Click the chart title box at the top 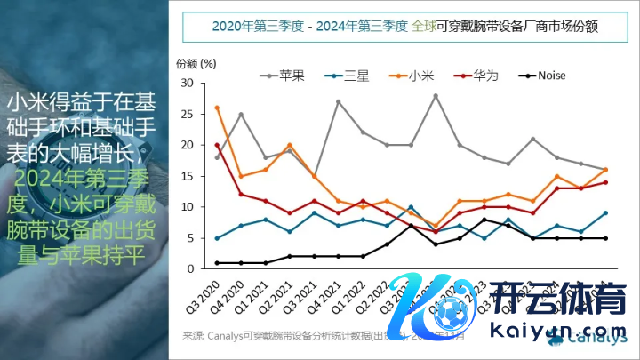404,27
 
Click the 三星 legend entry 356,76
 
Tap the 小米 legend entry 421,76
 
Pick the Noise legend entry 551,76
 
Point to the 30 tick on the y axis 187,83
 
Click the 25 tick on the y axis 187,114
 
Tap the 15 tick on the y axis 187,176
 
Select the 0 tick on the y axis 190,268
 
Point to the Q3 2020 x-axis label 206,295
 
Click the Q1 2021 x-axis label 254,295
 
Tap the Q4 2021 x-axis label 326,295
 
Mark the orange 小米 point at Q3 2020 217,108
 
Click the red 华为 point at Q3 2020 217,145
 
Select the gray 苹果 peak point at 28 435,95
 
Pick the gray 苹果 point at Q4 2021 338,101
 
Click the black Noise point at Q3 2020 217,262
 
